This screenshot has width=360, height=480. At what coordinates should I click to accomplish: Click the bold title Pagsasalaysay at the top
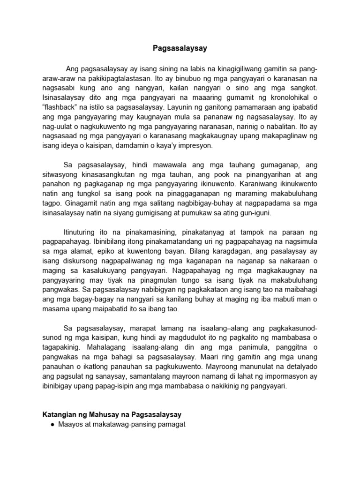coord(180,48)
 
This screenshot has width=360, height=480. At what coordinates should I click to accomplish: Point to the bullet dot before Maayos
coord(52,425)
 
